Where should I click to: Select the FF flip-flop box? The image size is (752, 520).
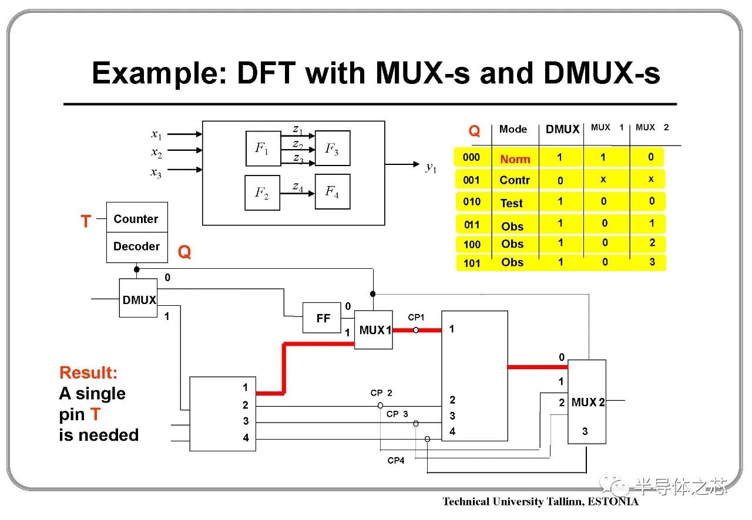tap(322, 318)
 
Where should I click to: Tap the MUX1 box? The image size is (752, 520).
tap(374, 330)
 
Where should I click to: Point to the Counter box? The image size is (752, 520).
tap(136, 218)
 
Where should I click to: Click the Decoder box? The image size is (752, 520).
tap(136, 247)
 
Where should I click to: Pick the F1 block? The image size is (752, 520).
tap(263, 148)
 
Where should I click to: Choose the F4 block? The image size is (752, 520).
tap(333, 191)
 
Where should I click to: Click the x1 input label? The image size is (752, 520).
tap(156, 134)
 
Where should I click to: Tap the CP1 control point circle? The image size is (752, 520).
tap(416, 330)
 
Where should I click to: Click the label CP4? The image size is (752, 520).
tap(396, 461)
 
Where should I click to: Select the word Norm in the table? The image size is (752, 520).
tap(515, 159)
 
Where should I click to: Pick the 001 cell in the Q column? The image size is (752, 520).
tap(471, 180)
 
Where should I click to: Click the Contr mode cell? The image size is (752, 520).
tap(515, 180)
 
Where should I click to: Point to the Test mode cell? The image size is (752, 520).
tap(512, 203)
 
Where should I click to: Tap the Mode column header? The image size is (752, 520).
tap(513, 129)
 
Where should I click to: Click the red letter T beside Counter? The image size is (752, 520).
tap(86, 221)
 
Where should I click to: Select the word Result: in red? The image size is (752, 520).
tap(88, 373)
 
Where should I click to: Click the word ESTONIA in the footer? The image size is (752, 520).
tap(613, 501)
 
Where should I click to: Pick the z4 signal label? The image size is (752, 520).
tap(298, 187)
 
